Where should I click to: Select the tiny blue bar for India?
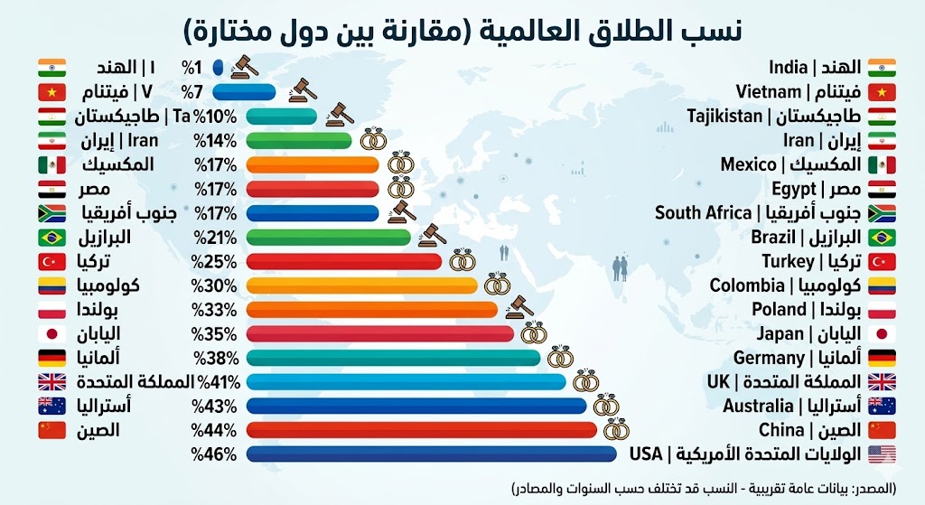coord(218,67)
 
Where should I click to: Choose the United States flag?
coord(881,454)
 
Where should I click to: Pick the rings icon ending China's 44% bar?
coord(616,428)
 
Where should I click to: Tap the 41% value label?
coord(217,381)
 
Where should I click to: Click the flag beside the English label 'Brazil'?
coord(881,238)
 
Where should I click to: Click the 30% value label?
coord(215,285)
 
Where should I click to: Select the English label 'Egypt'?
coord(795,189)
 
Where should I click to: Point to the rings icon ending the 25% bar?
coord(462,261)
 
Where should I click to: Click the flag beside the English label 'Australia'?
coord(881,406)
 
